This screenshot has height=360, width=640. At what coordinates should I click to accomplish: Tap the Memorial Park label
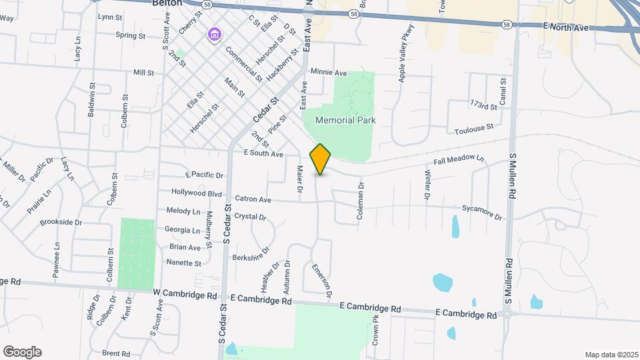coord(345,121)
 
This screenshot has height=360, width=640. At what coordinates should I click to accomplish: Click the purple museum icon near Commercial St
coord(214,33)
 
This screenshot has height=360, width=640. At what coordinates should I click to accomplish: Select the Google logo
coord(22,352)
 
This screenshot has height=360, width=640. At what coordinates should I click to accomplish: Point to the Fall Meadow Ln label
coord(458,159)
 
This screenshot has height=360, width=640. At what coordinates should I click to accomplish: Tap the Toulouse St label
coord(474,126)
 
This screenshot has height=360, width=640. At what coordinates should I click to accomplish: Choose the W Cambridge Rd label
coord(185,294)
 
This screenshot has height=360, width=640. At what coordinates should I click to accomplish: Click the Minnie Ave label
coord(329,72)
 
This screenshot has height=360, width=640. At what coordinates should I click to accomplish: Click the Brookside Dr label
coord(61,222)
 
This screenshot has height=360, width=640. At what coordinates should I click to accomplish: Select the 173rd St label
coord(484,105)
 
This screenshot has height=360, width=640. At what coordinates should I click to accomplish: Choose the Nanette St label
coord(184,263)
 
